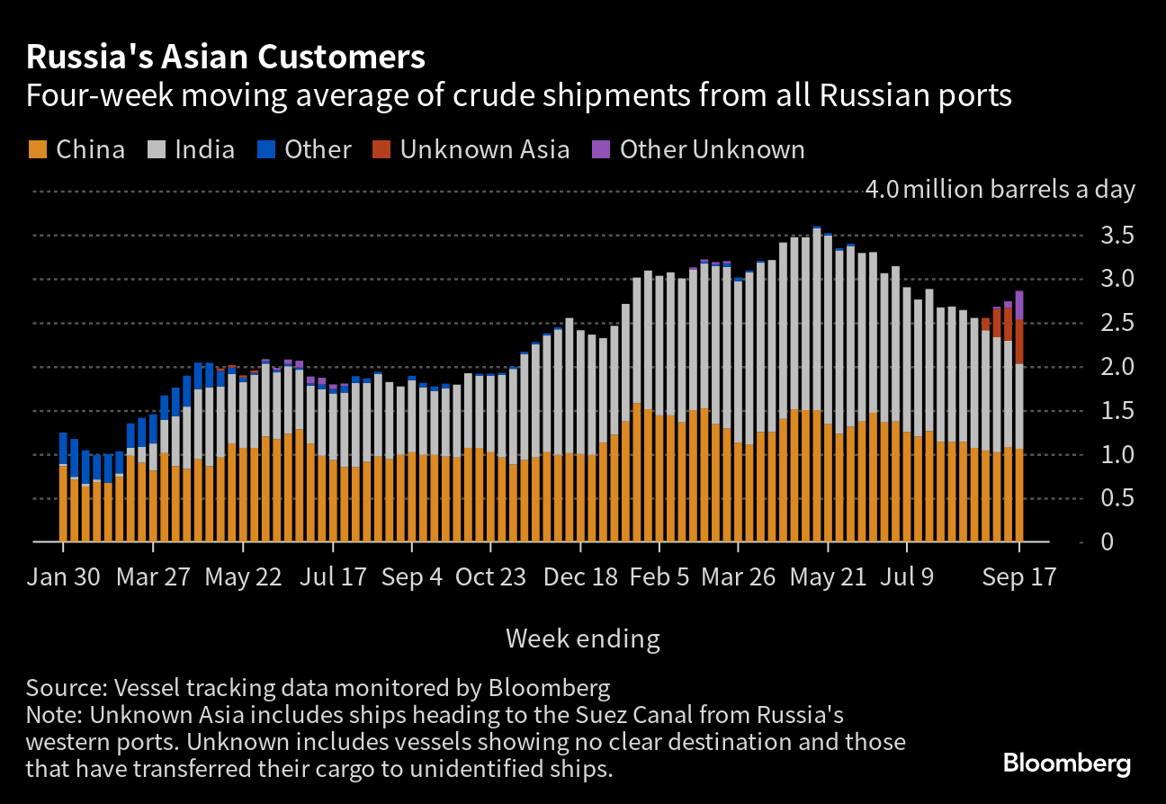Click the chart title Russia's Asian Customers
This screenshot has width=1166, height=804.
click(x=225, y=58)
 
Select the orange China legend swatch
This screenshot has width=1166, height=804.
click(x=38, y=149)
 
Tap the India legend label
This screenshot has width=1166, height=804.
click(x=204, y=149)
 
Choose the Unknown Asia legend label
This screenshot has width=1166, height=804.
click(x=484, y=149)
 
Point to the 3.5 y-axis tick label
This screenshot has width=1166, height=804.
click(x=1112, y=236)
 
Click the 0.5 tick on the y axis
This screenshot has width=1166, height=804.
click(x=1112, y=498)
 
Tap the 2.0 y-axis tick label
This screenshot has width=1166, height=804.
click(x=1112, y=367)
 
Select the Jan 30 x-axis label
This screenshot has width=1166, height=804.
click(x=62, y=577)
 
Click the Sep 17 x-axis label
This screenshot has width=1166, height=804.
click(x=1018, y=577)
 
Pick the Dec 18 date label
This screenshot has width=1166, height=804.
click(x=580, y=577)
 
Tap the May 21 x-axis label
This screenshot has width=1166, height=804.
click(x=827, y=577)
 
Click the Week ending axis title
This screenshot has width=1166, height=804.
click(x=582, y=639)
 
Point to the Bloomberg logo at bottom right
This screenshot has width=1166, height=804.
click(x=1066, y=764)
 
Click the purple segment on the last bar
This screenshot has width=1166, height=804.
click(x=1019, y=306)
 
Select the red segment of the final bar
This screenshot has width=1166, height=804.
click(x=1019, y=342)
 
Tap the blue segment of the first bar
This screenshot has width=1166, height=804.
click(x=63, y=449)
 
